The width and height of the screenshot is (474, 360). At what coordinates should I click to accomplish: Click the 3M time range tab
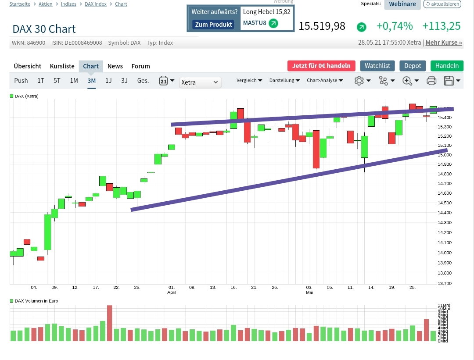tap(91, 81)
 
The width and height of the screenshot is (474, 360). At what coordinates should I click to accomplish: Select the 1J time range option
tap(108, 81)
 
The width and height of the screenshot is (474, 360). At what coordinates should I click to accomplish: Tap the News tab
tap(115, 66)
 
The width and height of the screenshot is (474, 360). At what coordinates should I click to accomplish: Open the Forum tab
tap(141, 66)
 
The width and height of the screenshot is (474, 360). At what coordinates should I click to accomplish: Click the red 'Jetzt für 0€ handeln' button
tap(321, 66)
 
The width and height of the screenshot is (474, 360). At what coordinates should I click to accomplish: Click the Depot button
tap(413, 66)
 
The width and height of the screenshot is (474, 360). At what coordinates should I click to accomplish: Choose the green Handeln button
tap(447, 66)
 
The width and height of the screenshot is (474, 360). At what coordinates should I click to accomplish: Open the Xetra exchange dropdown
tap(200, 82)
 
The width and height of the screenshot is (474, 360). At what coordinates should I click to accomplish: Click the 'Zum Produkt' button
tap(214, 25)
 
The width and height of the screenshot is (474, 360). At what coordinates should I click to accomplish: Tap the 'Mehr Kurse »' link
tap(444, 43)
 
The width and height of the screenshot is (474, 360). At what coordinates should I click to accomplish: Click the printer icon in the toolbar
tap(431, 81)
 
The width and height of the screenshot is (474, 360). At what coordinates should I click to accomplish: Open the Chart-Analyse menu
tap(325, 81)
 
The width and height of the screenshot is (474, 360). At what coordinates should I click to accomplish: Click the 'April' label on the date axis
tap(172, 292)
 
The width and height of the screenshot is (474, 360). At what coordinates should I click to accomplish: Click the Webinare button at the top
tap(402, 4)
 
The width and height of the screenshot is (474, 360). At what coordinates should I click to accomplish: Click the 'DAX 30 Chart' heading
tap(44, 29)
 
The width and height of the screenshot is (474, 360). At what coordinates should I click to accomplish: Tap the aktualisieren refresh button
tap(442, 4)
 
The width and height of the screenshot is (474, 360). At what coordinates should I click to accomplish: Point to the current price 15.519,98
tap(322, 26)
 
